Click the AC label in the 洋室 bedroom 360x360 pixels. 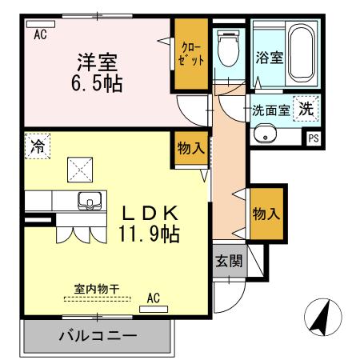point(40,34)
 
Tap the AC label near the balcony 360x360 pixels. point(154,298)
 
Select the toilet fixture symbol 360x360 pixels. point(229,49)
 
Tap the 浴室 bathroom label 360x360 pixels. point(269,58)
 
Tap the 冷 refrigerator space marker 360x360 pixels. point(37,146)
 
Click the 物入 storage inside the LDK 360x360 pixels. point(190,150)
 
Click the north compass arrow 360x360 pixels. point(321,319)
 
